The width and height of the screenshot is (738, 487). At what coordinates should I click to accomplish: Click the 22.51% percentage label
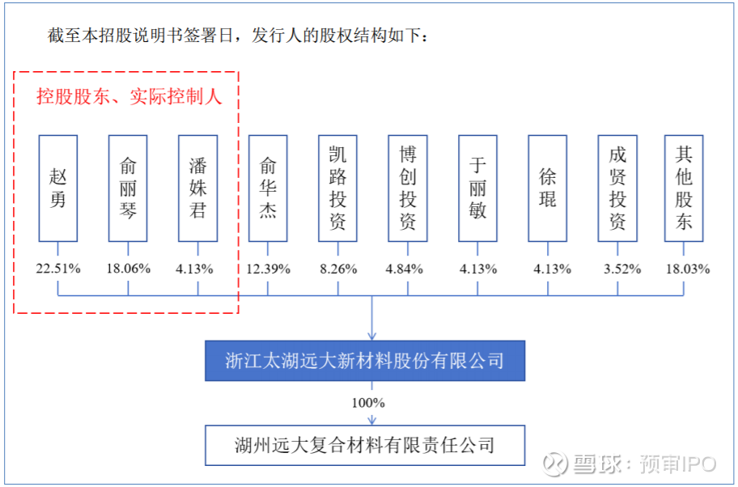point(58,269)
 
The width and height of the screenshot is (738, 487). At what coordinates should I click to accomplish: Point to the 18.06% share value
point(129,269)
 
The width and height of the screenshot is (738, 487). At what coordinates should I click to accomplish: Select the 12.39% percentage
point(269,269)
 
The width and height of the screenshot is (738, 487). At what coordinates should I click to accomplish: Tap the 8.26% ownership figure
point(338,269)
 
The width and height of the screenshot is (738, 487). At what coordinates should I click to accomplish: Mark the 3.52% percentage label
point(622,269)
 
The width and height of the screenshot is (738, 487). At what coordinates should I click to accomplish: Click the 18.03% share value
point(688,269)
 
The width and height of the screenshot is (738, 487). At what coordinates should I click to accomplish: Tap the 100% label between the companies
point(368,403)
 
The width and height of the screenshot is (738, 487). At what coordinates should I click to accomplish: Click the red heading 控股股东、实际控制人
point(129,96)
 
